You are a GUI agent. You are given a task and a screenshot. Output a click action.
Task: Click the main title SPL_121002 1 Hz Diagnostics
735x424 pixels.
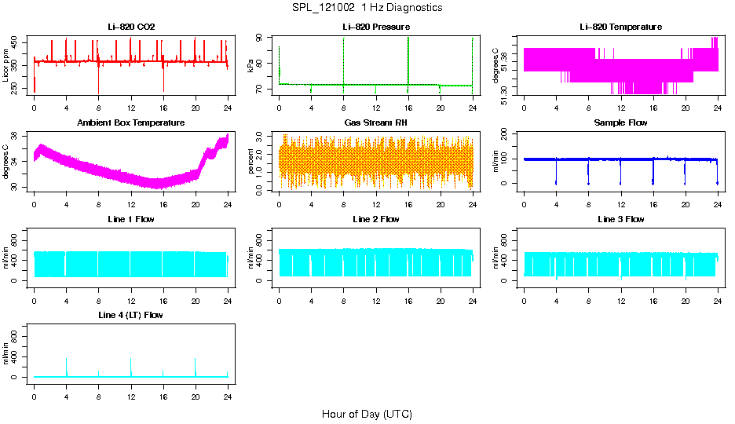click(x=367, y=7)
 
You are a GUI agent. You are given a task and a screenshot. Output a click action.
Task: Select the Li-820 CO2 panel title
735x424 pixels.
click(x=131, y=27)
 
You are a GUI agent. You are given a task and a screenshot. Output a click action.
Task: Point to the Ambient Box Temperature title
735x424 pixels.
click(x=131, y=122)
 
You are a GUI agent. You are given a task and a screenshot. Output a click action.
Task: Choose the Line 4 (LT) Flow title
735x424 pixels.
click(x=131, y=314)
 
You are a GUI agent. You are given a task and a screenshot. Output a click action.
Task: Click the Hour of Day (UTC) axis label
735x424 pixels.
click(x=367, y=414)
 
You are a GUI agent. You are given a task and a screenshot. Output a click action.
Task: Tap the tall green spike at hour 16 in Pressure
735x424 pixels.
click(x=408, y=59)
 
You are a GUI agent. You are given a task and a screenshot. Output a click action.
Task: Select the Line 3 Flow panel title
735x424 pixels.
click(x=620, y=219)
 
